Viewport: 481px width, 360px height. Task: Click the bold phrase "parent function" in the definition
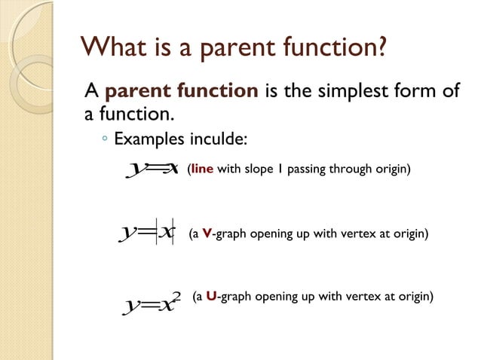tap(182, 92)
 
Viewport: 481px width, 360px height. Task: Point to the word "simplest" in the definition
tap(352, 92)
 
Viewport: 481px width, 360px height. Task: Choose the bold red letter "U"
tap(210, 296)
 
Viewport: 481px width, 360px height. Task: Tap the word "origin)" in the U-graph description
tap(415, 296)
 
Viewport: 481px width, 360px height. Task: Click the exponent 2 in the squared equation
tap(176, 294)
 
